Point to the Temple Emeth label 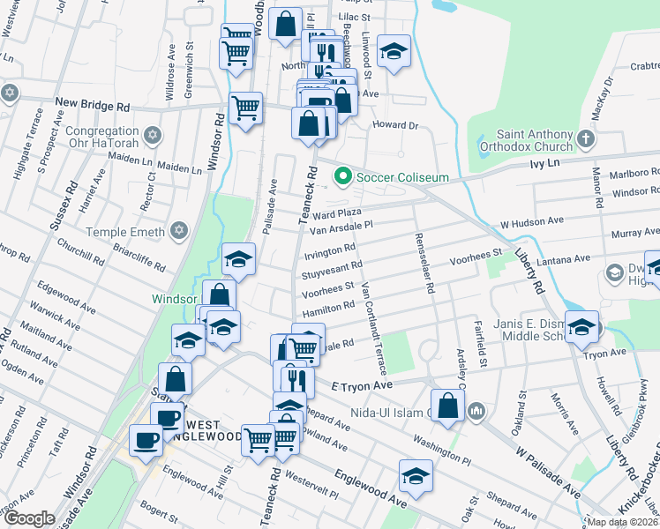coord(126,232)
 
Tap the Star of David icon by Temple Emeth coord(180,231)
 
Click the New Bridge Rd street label coord(92,106)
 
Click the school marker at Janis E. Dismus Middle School coord(581,328)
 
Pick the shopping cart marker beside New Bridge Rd coord(245,109)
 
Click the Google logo coord(29,518)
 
